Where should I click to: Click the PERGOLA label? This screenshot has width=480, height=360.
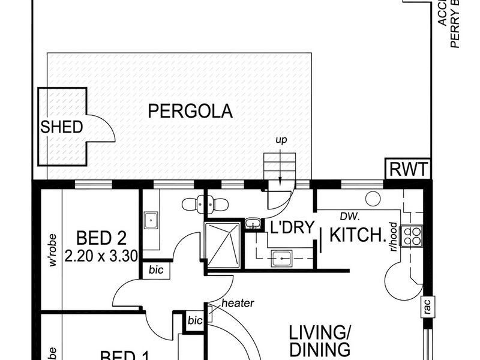[x=190, y=112]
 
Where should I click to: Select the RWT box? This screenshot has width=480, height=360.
[x=408, y=170]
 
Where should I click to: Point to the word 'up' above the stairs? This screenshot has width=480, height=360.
[x=281, y=140]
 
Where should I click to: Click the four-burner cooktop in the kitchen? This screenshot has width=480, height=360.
[x=413, y=236]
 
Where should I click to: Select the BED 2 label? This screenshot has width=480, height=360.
[x=101, y=238]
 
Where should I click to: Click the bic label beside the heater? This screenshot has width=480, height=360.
[x=195, y=320]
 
